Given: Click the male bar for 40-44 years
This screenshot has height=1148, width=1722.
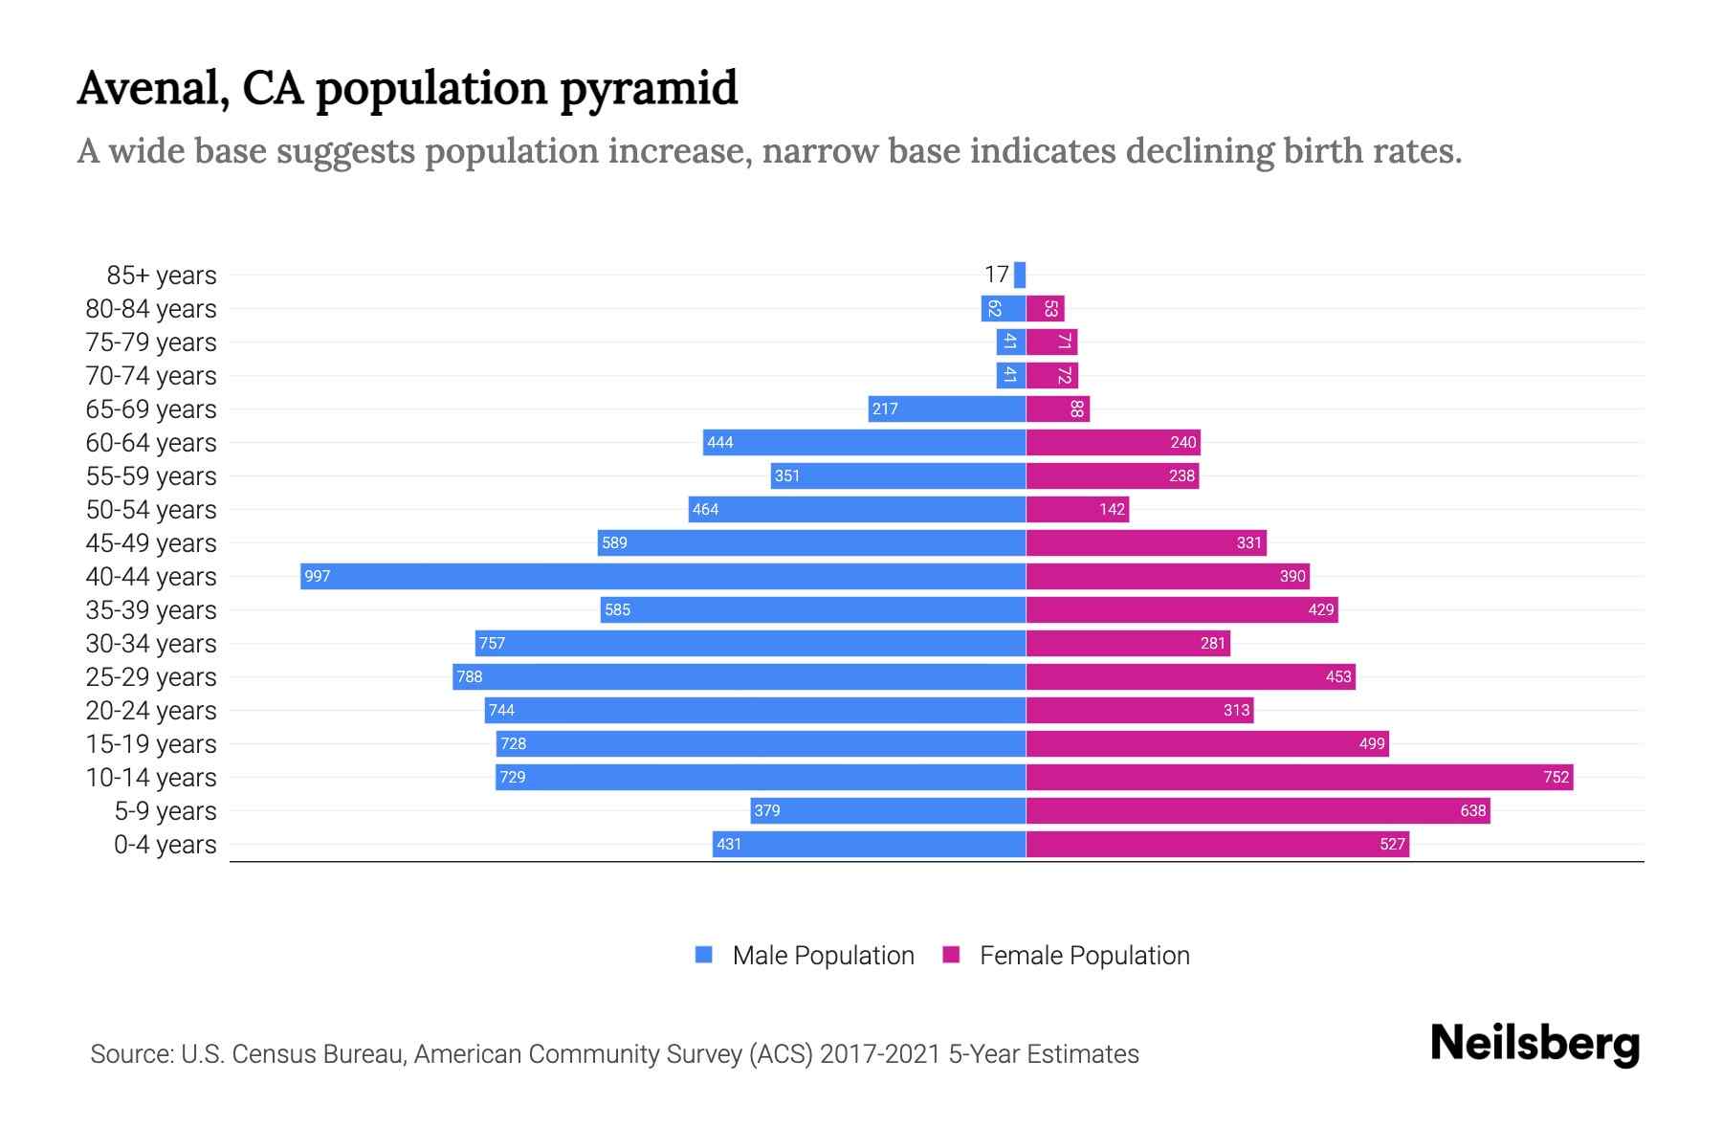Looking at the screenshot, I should click(663, 576).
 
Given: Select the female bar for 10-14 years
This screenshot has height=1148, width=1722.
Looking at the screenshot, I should click(1299, 777).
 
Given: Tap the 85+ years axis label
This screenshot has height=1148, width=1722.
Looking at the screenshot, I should click(162, 276).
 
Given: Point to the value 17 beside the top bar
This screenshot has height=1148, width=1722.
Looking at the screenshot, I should click(996, 275).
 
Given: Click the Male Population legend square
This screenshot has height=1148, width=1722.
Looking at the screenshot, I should click(704, 955).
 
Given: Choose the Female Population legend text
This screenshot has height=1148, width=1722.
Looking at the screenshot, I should click(1084, 956).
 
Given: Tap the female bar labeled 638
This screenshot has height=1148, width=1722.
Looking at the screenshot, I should click(1258, 810).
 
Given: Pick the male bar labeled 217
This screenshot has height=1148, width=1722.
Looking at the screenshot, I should click(947, 408).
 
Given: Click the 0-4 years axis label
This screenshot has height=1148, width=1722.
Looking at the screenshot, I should click(165, 845).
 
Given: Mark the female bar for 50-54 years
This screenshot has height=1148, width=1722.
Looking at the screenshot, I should click(1077, 509).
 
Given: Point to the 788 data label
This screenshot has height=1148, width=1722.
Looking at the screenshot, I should click(470, 676).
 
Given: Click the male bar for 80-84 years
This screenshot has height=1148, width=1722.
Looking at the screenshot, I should click(1003, 308).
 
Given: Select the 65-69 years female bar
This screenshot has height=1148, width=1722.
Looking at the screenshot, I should click(1057, 408).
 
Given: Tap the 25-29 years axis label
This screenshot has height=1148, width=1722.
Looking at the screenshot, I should click(151, 677).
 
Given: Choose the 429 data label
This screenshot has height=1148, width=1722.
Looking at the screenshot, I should click(1320, 609).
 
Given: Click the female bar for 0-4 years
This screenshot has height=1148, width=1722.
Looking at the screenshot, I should click(1217, 844).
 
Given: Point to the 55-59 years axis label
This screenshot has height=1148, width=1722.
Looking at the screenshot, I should click(151, 476).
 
